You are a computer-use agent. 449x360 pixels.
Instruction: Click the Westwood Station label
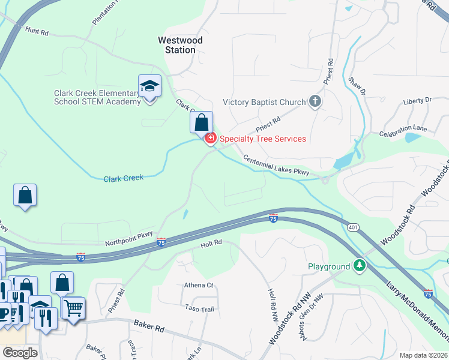pyautogui.click(x=180, y=45)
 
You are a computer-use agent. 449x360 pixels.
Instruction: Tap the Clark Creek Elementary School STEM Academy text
pyautogui.click(x=97, y=97)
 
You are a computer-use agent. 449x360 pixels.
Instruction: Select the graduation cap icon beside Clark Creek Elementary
pyautogui.click(x=149, y=86)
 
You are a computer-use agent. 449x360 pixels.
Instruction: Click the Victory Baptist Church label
pyautogui.click(x=264, y=102)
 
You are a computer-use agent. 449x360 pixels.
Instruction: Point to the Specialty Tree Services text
pyautogui.click(x=263, y=139)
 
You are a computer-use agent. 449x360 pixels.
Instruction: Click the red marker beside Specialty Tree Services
pyautogui.click(x=210, y=139)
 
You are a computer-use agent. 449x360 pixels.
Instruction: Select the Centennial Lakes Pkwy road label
pyautogui.click(x=276, y=166)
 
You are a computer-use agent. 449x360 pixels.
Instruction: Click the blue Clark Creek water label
pyautogui.click(x=124, y=179)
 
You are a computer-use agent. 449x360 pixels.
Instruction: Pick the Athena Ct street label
pyautogui.click(x=198, y=286)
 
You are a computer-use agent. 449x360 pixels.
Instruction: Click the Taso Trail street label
pyautogui.click(x=200, y=308)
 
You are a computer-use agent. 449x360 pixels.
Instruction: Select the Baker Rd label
pyautogui.click(x=150, y=329)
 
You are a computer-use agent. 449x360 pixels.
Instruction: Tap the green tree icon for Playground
pyautogui.click(x=359, y=266)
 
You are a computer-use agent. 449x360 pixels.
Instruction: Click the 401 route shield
pyautogui.click(x=352, y=227)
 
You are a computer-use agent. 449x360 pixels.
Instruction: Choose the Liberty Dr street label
pyautogui.click(x=417, y=101)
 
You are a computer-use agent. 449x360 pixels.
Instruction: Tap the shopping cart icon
pyautogui.click(x=73, y=308)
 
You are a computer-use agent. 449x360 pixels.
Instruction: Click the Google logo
pyautogui.click(x=20, y=353)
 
